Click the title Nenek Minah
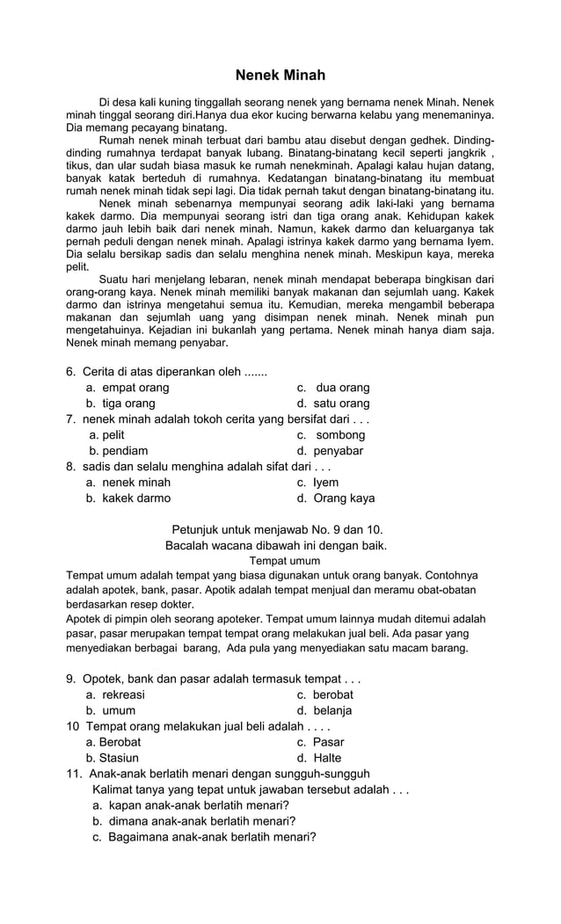[x=280, y=76]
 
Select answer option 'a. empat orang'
[x=127, y=388]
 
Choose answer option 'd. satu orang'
[x=333, y=404]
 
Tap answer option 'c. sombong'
[x=331, y=435]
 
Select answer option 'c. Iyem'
[x=317, y=483]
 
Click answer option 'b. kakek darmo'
[x=128, y=498]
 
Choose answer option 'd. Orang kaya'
[x=336, y=498]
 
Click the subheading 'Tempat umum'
[x=285, y=560]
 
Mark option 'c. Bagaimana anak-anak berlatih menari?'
[x=204, y=837]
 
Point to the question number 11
[x=73, y=774]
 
